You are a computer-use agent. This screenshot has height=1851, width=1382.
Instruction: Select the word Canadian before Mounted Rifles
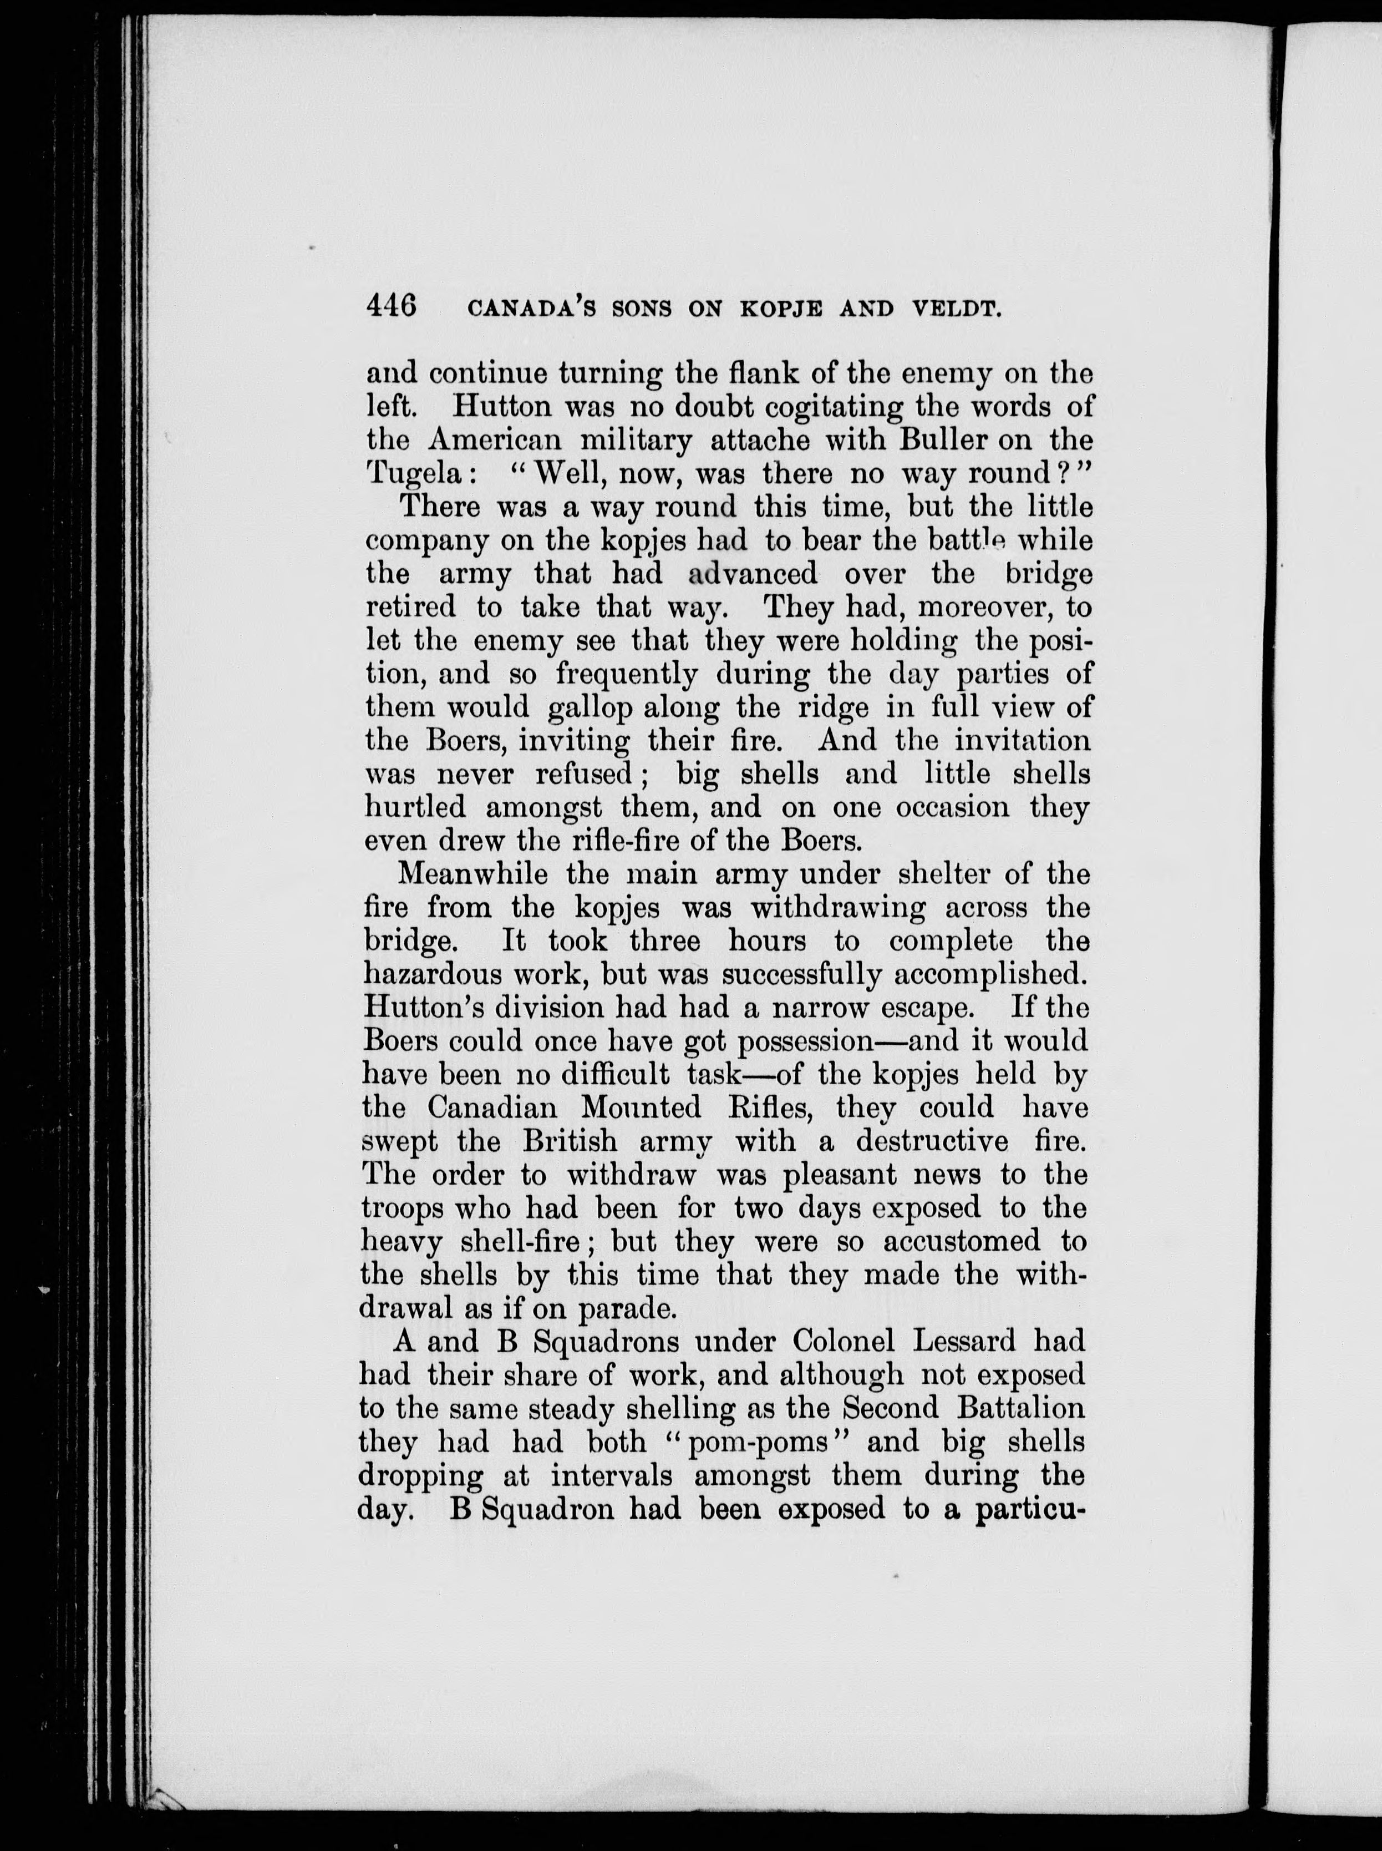[492, 1108]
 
